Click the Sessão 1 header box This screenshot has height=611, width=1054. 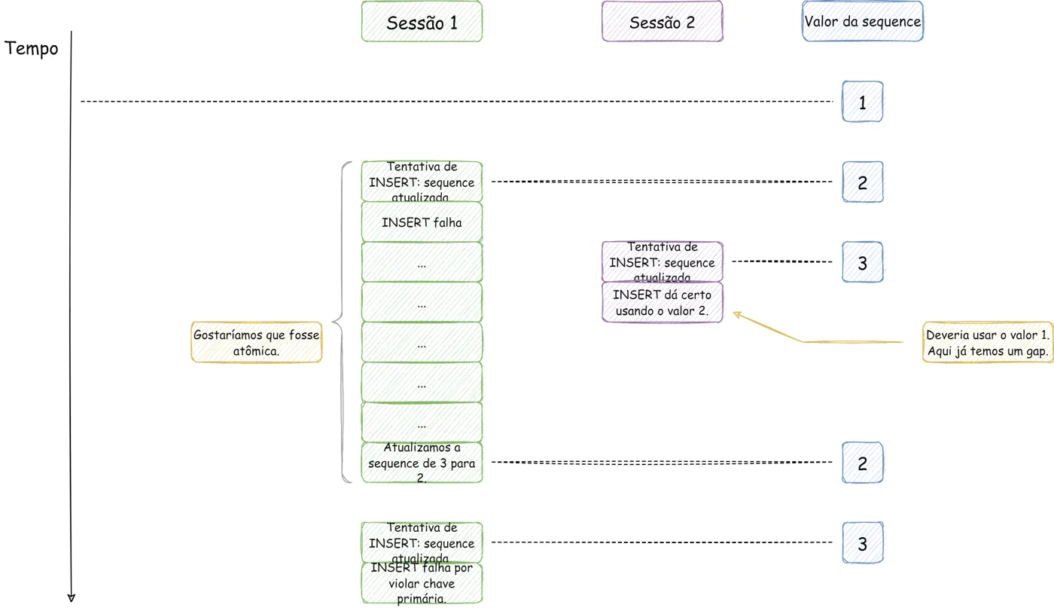coord(422,22)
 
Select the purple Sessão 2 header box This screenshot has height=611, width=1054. coord(662,22)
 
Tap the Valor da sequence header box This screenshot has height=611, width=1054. coord(863,21)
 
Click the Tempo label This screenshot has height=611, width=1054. coord(31,48)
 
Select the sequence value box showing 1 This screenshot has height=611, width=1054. coord(863,102)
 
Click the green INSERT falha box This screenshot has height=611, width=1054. coord(422,222)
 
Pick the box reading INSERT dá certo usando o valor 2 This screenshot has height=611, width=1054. coord(662,302)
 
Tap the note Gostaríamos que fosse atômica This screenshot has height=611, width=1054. coord(257,342)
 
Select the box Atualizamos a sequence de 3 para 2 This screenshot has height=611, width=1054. coord(422,463)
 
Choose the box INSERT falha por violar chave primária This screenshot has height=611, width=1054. coord(422,583)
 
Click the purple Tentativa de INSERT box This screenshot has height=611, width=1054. coord(662,261)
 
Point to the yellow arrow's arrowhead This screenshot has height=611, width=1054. coord(736,314)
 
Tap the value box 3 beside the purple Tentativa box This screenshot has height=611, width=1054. coord(863,262)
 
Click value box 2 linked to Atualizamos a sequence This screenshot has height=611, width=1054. coord(863,463)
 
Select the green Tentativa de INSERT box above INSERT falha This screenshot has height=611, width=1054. coord(422,182)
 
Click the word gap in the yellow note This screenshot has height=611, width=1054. coord(1038,352)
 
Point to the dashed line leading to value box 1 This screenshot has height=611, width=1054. coord(456,101)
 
